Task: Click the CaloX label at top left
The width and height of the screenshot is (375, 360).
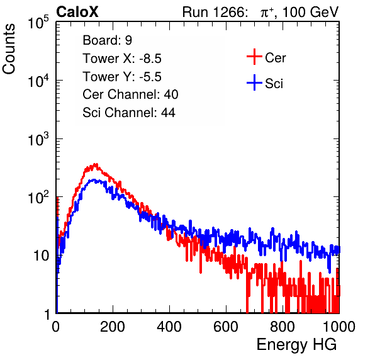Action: tap(77, 11)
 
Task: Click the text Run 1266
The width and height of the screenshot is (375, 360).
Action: tap(215, 12)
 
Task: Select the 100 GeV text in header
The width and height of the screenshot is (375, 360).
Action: tap(311, 12)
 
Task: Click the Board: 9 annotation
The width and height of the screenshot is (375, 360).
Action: tap(108, 40)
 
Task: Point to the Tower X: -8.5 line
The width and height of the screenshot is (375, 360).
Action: tap(122, 59)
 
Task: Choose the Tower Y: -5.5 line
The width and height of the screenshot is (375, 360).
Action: tap(122, 77)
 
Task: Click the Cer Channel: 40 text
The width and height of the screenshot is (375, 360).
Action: tap(130, 94)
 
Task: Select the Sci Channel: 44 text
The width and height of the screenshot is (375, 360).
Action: tap(129, 113)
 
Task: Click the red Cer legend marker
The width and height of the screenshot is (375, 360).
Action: tap(254, 57)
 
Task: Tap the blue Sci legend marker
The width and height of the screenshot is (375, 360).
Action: tap(254, 83)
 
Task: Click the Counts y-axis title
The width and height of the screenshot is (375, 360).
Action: tap(9, 49)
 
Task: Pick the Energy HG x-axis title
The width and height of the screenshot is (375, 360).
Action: tap(297, 344)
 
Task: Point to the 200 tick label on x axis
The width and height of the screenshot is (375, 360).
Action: tap(113, 327)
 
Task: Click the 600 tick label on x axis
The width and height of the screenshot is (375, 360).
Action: tap(226, 327)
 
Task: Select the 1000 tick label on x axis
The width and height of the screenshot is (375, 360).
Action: tap(339, 327)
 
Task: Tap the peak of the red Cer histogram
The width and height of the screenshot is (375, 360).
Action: tap(96, 164)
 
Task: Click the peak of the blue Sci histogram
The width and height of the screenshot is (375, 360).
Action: tap(94, 179)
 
